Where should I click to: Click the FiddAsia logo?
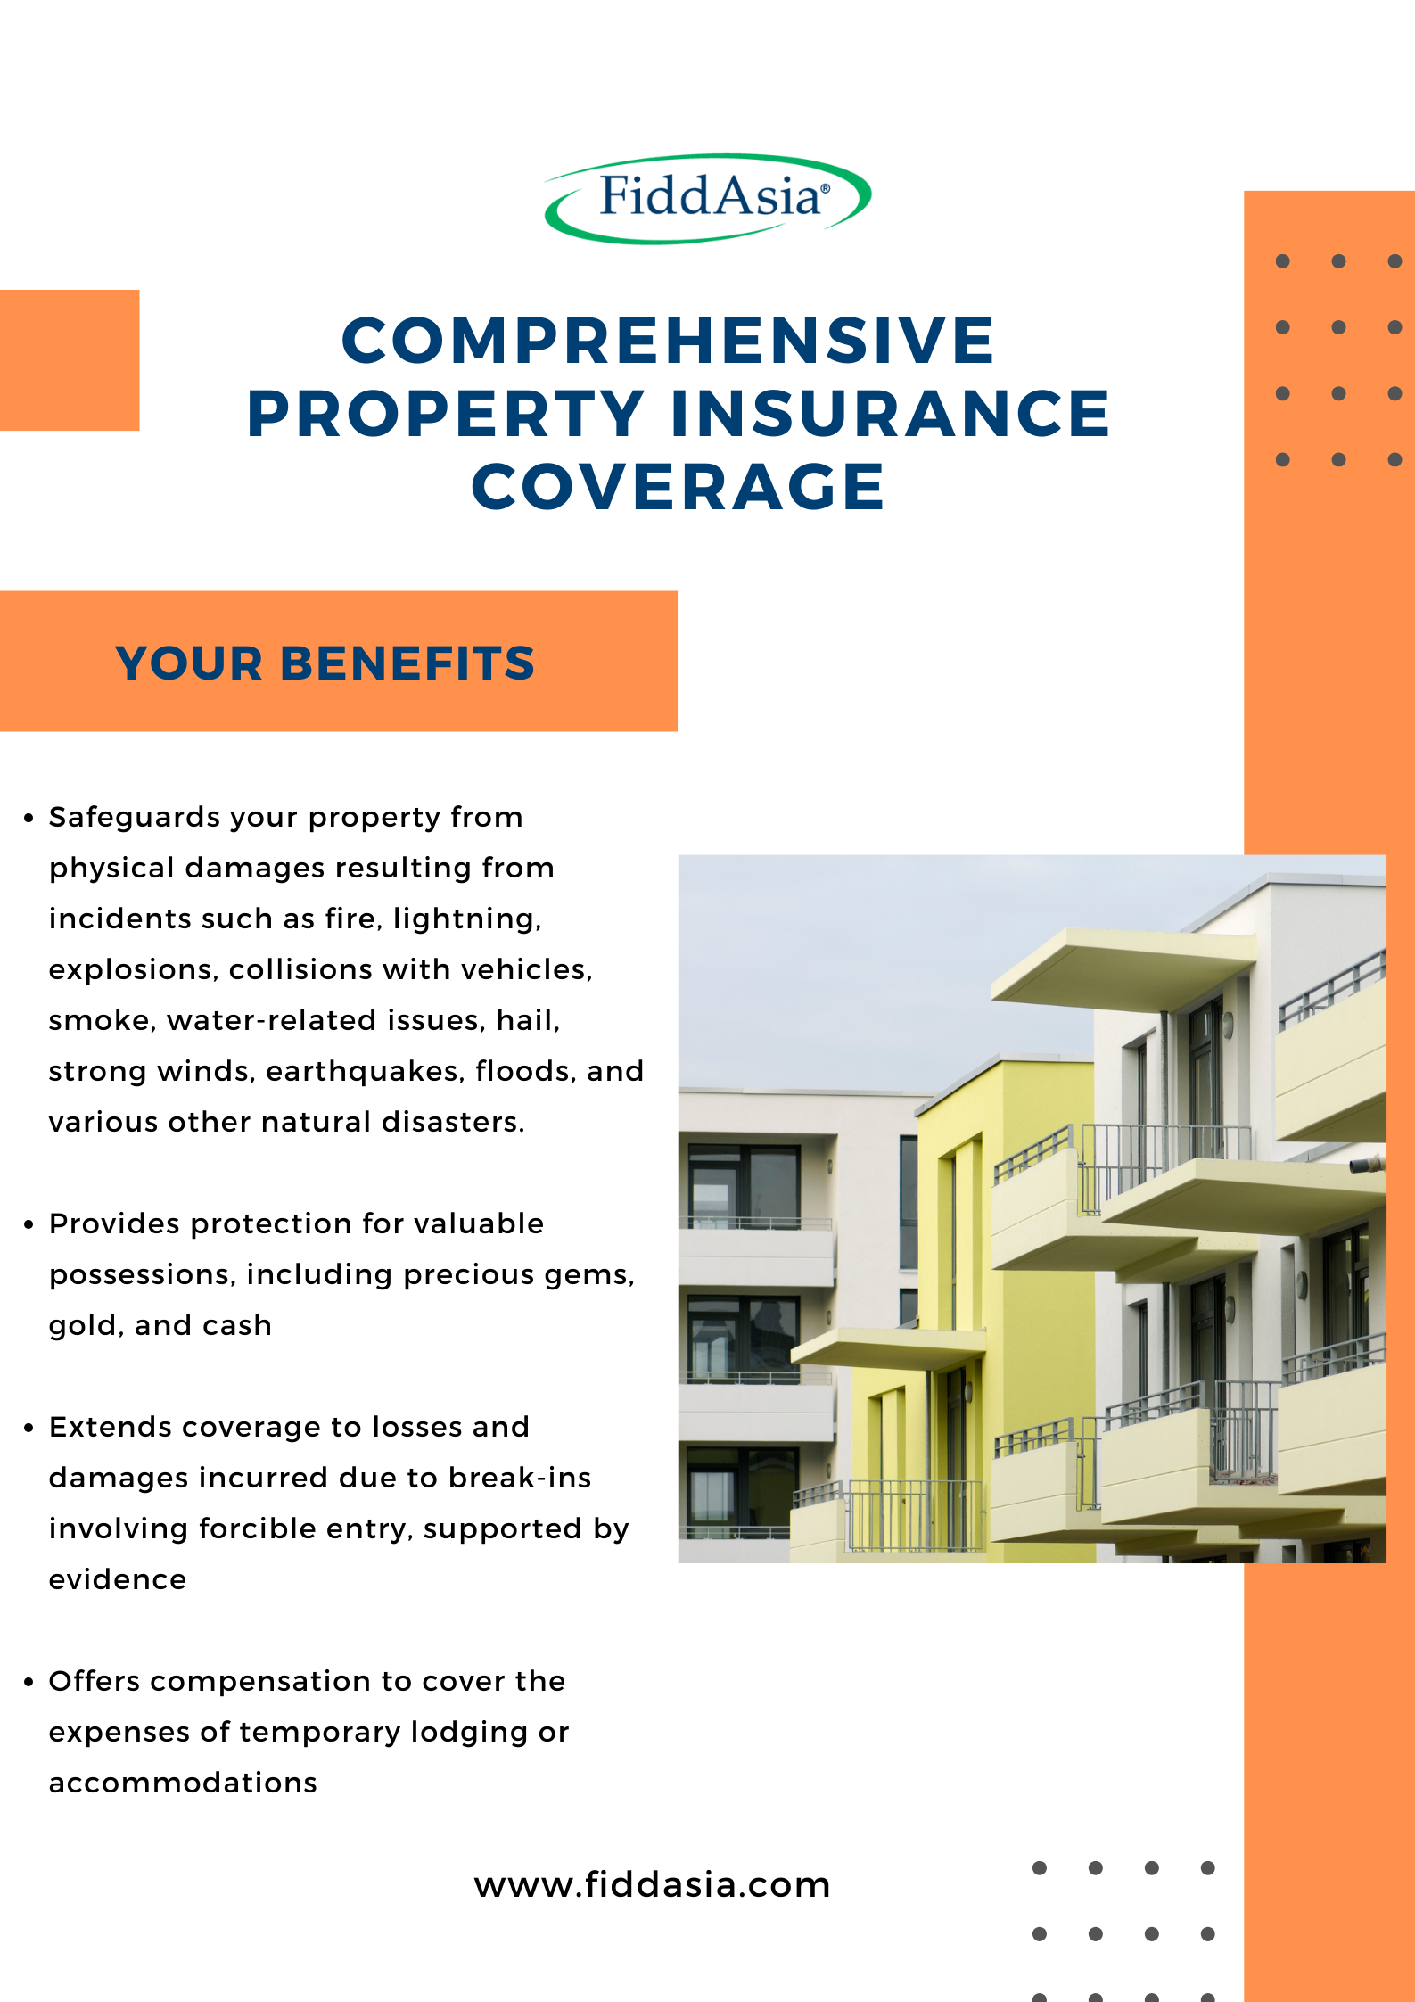pyautogui.click(x=707, y=199)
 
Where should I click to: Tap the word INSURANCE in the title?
pyautogui.click(x=890, y=414)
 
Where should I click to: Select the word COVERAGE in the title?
pyautogui.click(x=678, y=487)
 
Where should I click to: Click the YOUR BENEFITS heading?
pyautogui.click(x=325, y=663)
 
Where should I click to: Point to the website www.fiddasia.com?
pyautogui.click(x=652, y=1884)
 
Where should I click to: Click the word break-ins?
pyautogui.click(x=520, y=1478)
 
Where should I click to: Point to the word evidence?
pyautogui.click(x=118, y=1579)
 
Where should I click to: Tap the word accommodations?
pyautogui.click(x=183, y=1783)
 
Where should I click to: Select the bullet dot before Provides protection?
pyautogui.click(x=29, y=1225)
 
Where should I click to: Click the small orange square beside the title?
pyautogui.click(x=70, y=360)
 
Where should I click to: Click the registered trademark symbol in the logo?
pyautogui.click(x=825, y=188)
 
